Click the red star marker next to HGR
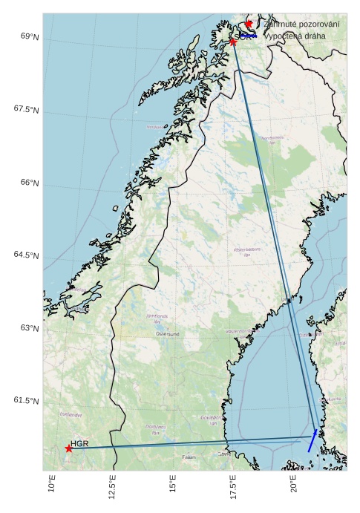coord(68,448)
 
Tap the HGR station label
coord(79,443)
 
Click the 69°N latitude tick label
coord(30,36)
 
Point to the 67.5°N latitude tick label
coord(27,109)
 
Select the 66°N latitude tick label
coord(30,183)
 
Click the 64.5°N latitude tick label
coord(27,255)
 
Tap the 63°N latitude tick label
coord(30,328)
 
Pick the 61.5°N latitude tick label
coord(27,401)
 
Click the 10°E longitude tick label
coord(52,484)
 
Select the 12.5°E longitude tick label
coord(113,487)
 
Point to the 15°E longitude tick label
coord(173,484)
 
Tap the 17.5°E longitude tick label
coord(233,487)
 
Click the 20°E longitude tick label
coord(293,484)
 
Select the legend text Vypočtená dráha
coord(295,36)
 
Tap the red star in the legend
coord(248,24)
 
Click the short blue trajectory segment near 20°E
coord(312,441)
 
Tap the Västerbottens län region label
coord(247,252)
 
